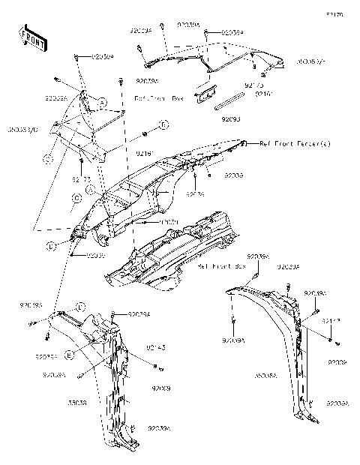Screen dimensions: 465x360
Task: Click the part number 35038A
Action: [266, 373]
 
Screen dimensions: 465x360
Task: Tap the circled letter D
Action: [49, 246]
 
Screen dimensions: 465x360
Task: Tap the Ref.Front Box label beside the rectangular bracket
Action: [158, 98]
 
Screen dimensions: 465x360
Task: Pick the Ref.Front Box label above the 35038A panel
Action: [221, 266]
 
